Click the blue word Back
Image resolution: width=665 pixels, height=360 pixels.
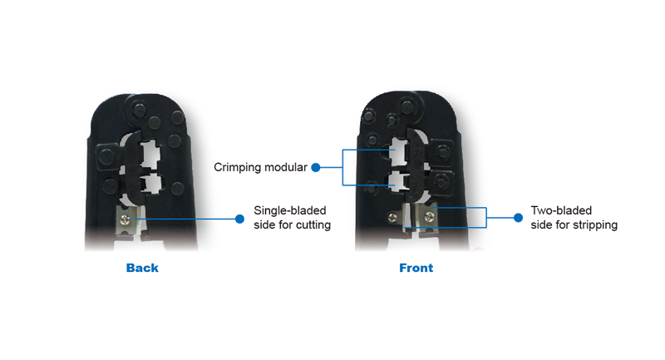(142, 268)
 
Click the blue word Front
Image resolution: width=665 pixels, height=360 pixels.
(416, 268)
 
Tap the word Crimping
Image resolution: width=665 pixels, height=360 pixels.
(236, 167)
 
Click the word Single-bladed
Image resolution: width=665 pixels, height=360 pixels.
(290, 210)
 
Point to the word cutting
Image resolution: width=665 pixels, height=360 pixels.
(313, 224)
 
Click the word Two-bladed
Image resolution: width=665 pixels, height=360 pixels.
(561, 210)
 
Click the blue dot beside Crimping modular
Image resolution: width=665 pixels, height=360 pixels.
(316, 167)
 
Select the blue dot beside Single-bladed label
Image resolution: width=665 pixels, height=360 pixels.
(239, 219)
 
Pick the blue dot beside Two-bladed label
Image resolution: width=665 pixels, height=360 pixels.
(518, 218)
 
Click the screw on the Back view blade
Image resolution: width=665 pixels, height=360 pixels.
(126, 219)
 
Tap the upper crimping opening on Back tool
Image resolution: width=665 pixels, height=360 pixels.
(150, 155)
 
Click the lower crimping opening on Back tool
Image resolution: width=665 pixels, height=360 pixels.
(151, 184)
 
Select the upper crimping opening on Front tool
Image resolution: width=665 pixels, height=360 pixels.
(398, 151)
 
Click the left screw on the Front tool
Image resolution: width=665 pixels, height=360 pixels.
(392, 218)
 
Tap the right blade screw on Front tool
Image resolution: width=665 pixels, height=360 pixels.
(429, 217)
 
